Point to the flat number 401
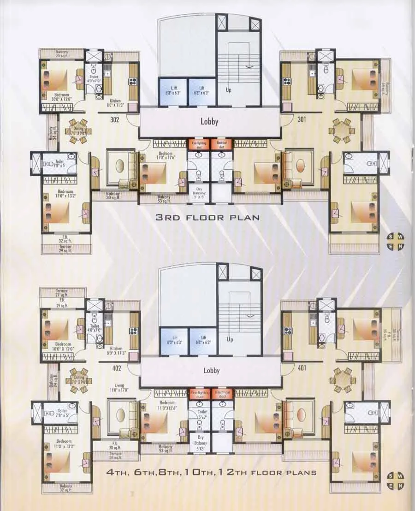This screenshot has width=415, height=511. (x=302, y=368)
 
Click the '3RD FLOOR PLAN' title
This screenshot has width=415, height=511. (x=207, y=217)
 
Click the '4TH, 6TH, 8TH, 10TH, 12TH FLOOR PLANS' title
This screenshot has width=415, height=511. (x=211, y=472)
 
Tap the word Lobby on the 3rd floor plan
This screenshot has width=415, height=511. (x=209, y=122)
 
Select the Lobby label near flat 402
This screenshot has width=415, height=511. (x=211, y=370)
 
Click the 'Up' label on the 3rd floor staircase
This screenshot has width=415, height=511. (x=228, y=90)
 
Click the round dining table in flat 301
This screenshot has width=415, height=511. (x=342, y=131)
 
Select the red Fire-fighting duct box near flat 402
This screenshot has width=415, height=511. (x=199, y=393)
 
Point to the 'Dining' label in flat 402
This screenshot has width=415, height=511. (x=79, y=380)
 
